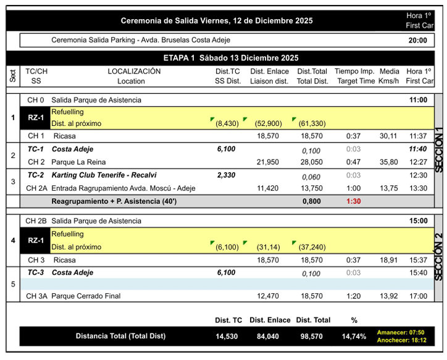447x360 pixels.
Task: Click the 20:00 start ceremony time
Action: tap(417, 41)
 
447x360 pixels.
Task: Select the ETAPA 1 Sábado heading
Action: tap(231, 58)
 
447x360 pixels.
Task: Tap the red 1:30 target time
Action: tap(354, 201)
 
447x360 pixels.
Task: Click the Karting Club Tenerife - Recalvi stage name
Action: tap(112, 175)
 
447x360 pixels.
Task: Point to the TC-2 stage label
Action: tap(35, 175)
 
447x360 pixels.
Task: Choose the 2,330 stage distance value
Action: tap(226, 175)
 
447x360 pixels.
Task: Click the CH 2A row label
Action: tap(37, 188)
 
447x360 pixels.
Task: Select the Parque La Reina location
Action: tap(79, 162)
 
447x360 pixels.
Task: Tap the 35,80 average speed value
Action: tap(388, 162)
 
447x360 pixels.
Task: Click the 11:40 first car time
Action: tap(417, 149)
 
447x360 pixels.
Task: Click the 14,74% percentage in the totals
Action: tap(354, 337)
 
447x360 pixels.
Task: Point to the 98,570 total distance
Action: tap(312, 337)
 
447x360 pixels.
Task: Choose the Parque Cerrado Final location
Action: tap(86, 296)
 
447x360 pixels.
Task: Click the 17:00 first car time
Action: tap(417, 296)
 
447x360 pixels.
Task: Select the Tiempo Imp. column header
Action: tap(354, 72)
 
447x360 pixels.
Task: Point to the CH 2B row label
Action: tap(37, 220)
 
